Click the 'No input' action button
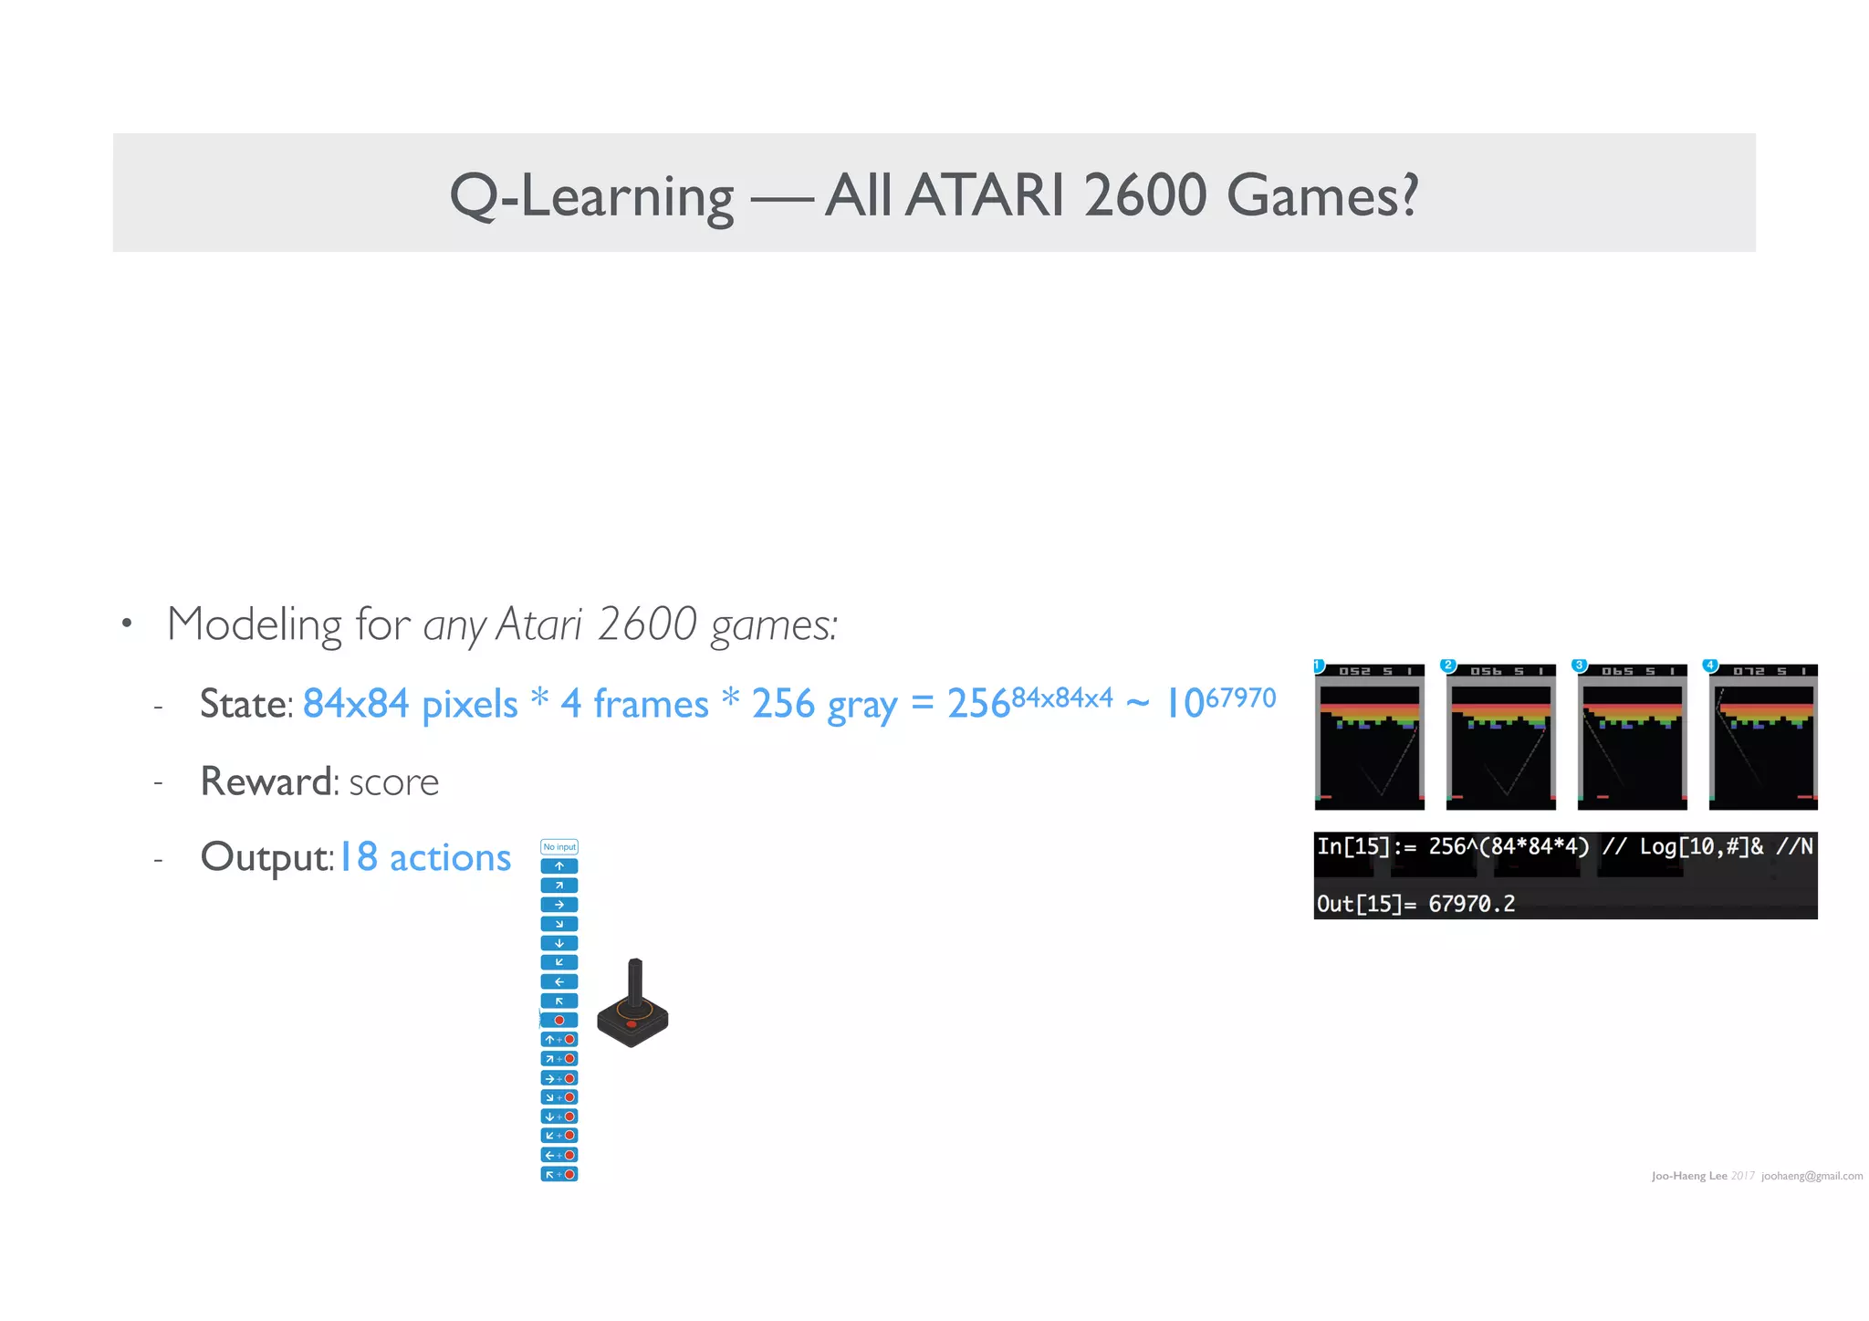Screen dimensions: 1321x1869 pos(559,846)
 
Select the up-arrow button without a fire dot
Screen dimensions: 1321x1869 pos(559,865)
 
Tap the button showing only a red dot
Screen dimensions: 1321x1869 pos(559,1020)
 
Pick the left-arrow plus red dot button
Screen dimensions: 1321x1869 pos(559,1155)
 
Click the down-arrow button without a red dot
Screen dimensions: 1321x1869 pos(559,943)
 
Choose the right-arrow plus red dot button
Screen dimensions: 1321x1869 pos(559,1078)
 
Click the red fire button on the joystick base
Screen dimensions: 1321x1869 pos(631,1024)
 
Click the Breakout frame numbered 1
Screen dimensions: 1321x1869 pos(1369,737)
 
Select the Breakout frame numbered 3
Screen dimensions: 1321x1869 pos(1632,737)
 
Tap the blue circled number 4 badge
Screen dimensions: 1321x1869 pos(1710,665)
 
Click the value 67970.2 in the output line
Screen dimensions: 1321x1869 pos(1471,904)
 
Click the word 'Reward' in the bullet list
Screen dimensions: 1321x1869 pos(266,781)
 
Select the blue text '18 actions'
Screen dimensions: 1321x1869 pos(425,857)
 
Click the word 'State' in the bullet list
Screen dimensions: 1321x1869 pos(244,704)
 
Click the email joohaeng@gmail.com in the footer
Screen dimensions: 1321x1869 pos(1812,1176)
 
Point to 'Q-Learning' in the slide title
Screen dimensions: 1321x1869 pos(591,196)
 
